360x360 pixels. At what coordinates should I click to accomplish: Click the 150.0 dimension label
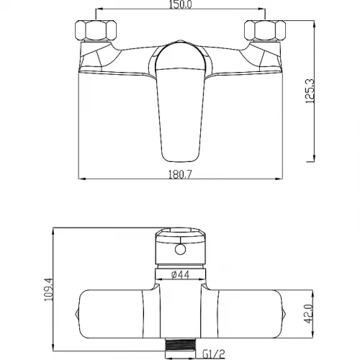[x=181, y=4]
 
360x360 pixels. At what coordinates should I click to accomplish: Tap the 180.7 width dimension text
[x=181, y=174]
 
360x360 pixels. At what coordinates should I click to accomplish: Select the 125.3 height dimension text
[x=310, y=91]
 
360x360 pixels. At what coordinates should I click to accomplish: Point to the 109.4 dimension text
[x=48, y=289]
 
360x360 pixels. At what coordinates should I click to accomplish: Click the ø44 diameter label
[x=181, y=274]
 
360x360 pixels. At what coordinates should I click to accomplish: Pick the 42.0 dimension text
[x=309, y=314]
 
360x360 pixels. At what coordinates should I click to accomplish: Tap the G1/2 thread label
[x=214, y=354]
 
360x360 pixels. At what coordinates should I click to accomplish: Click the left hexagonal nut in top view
[x=96, y=30]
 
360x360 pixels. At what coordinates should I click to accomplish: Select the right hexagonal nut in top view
[x=265, y=30]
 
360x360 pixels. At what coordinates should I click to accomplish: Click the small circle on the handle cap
[x=180, y=250]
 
